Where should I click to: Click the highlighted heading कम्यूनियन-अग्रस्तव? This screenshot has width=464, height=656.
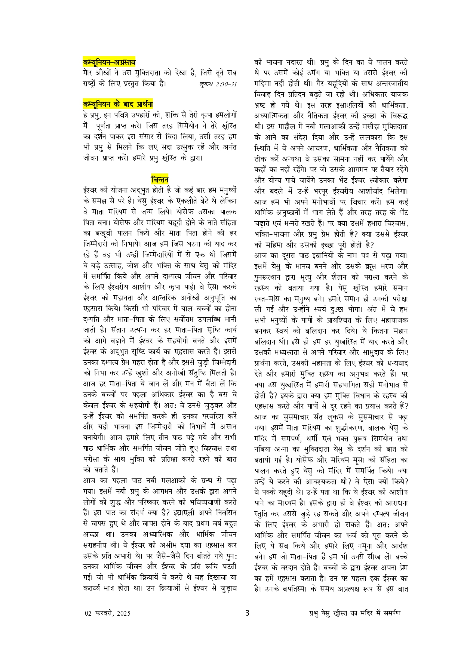coord(109,62)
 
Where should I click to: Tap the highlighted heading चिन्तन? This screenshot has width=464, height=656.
coord(160,179)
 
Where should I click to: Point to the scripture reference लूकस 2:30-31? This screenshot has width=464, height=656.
coord(218,84)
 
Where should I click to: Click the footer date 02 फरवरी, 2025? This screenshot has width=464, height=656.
coord(108,613)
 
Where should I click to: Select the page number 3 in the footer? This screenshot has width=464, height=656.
coord(247,613)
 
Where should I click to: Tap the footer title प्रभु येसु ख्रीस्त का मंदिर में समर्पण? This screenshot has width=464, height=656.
coord(354,613)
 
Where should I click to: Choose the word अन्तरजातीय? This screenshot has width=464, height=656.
coord(388,83)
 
